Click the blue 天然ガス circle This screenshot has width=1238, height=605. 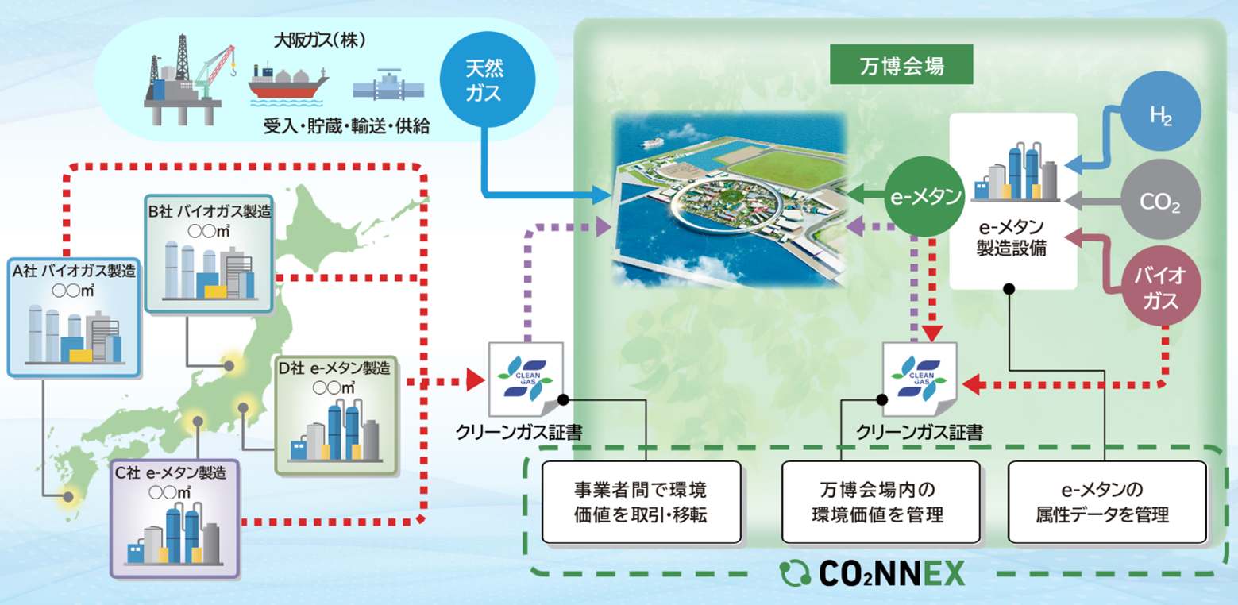[484, 82]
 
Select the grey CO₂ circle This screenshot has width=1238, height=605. [1159, 203]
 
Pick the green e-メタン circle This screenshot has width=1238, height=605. [924, 195]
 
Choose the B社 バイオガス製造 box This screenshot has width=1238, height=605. [209, 252]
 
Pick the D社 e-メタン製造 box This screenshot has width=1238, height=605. [337, 414]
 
